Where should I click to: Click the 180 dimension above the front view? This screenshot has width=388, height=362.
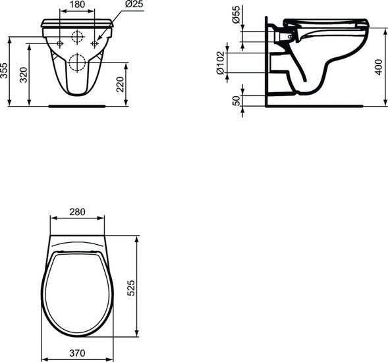78,5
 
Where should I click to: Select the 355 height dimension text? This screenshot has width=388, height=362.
5,71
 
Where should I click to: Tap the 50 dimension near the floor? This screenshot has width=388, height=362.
236,99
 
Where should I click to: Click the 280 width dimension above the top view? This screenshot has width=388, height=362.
78,212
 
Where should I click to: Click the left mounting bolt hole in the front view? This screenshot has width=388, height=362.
60,43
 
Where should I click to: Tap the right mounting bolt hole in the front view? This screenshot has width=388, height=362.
95,43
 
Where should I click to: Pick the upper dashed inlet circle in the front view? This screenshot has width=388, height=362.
78,36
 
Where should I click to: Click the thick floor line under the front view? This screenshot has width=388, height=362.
78,104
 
